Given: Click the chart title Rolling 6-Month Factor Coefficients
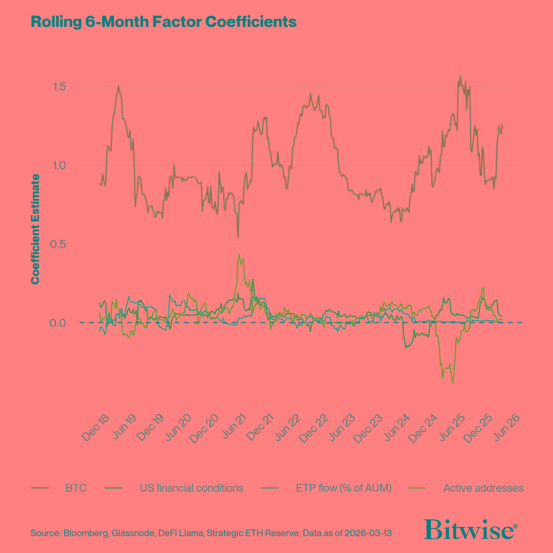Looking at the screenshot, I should [163, 22].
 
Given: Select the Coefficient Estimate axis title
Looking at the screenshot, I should [35, 229].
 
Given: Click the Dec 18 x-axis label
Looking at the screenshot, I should [95, 428].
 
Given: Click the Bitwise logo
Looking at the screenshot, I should [470, 530].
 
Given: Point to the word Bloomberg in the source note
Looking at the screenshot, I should [86, 534].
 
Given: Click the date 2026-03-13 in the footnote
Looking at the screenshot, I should [367, 534].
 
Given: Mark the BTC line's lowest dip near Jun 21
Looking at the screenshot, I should [238, 237].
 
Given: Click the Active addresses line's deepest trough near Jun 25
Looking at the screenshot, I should [453, 383].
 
